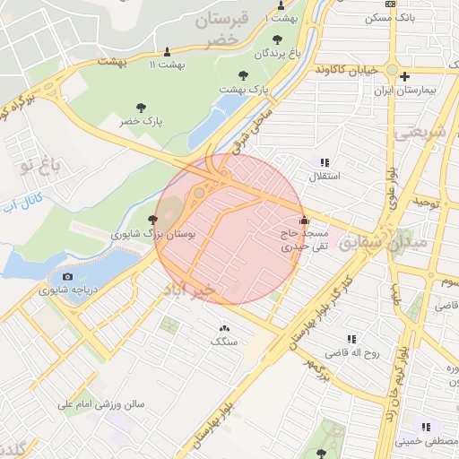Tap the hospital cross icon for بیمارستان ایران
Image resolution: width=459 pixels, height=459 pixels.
405,77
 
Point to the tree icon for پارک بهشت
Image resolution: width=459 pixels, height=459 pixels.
242,76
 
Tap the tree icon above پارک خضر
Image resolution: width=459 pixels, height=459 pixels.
140,108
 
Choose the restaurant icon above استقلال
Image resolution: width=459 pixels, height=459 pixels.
325,163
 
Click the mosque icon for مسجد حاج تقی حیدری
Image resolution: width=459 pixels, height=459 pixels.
303,219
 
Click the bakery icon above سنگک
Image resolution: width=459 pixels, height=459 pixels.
224,327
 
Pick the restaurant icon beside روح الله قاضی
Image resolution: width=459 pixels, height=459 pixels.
352,339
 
